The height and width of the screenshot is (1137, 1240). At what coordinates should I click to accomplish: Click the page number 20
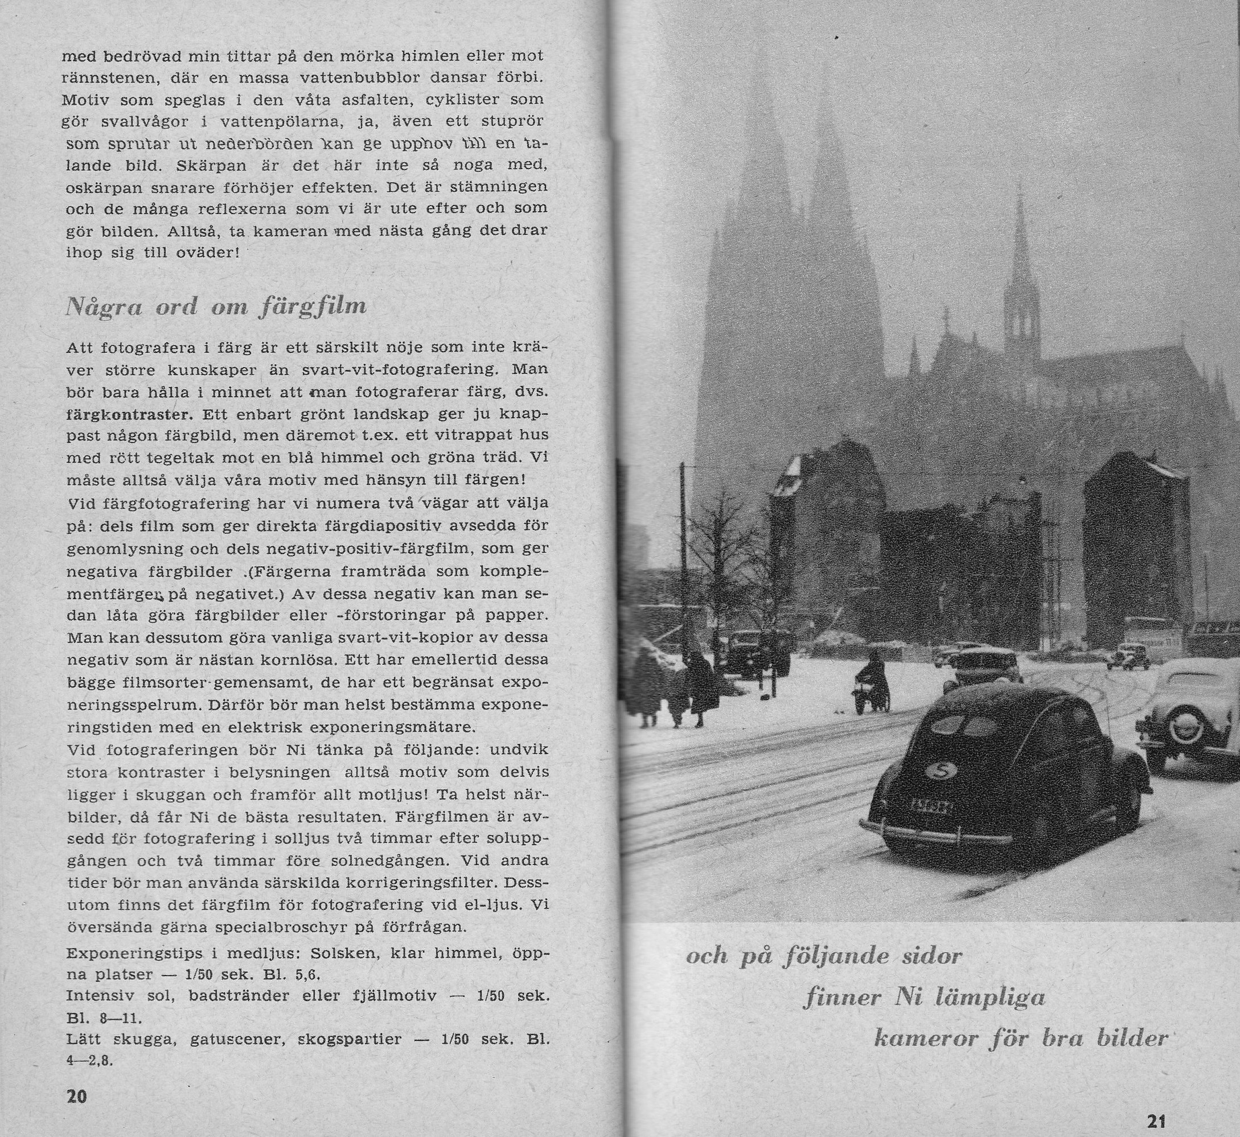point(76,1097)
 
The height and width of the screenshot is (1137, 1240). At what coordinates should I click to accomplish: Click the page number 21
point(1156,1119)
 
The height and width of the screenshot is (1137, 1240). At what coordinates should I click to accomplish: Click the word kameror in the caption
point(925,1038)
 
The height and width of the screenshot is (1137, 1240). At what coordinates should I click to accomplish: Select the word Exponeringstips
point(134,954)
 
